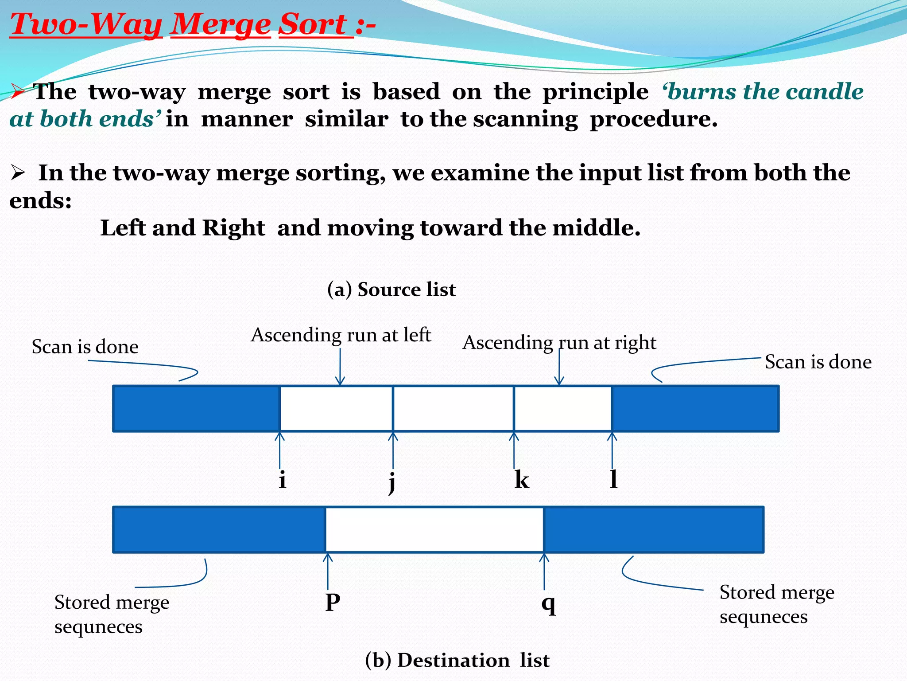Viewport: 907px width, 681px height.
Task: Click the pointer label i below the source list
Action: pos(283,480)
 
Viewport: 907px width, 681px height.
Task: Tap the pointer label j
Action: pos(392,481)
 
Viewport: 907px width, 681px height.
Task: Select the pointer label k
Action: pos(522,480)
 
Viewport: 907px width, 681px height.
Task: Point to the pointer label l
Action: pos(614,479)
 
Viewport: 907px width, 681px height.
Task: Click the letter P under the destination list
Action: pos(333,603)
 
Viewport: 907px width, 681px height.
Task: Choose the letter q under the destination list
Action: pos(549,603)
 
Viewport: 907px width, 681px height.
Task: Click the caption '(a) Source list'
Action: pos(391,290)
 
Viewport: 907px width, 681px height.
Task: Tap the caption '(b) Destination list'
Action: pos(457,660)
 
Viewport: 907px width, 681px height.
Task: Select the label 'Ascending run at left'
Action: pos(341,335)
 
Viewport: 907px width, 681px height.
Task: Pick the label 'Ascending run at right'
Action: pos(559,343)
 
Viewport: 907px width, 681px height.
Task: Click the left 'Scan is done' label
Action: pos(85,347)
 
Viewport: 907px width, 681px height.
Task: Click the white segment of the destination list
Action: pos(434,530)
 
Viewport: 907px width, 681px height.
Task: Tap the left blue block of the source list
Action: pos(196,408)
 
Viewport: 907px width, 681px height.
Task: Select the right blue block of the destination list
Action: pos(654,530)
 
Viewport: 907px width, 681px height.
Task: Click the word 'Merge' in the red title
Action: pos(220,24)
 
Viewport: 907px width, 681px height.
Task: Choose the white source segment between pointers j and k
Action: pos(453,408)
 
